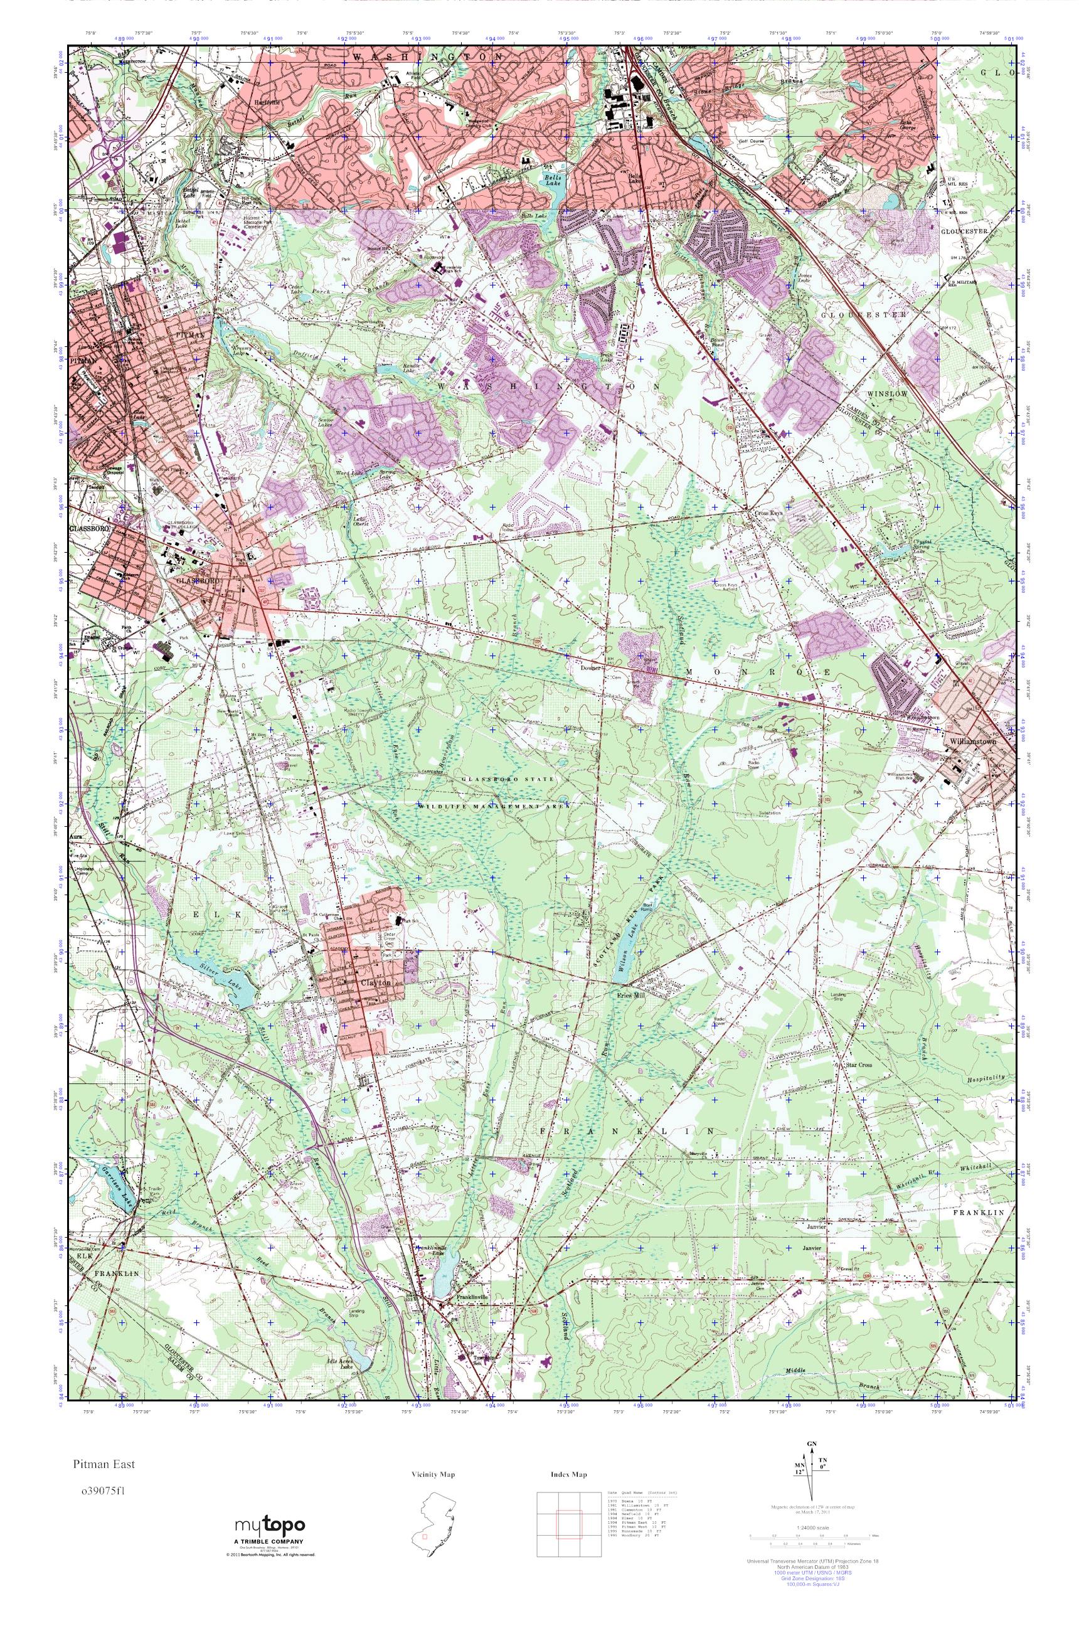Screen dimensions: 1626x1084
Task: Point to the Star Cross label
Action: [x=859, y=1065]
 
